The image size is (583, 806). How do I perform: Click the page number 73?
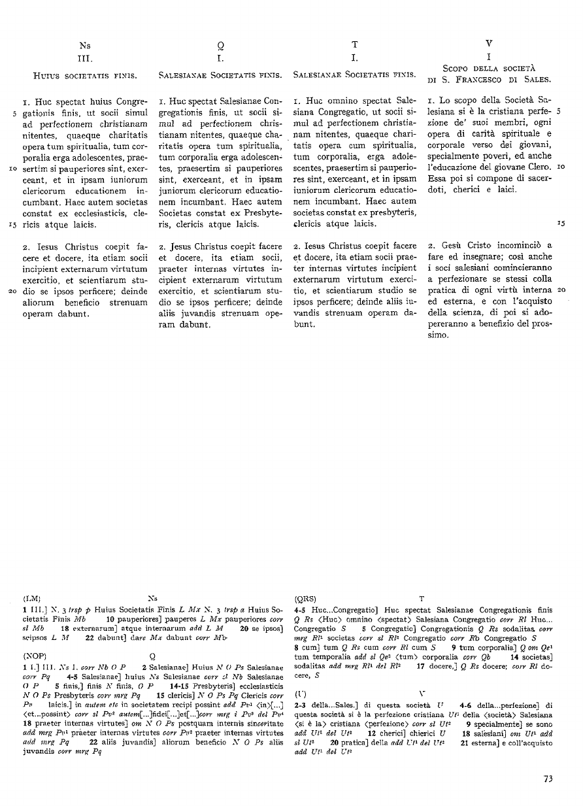548,778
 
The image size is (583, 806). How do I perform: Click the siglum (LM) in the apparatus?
32,597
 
